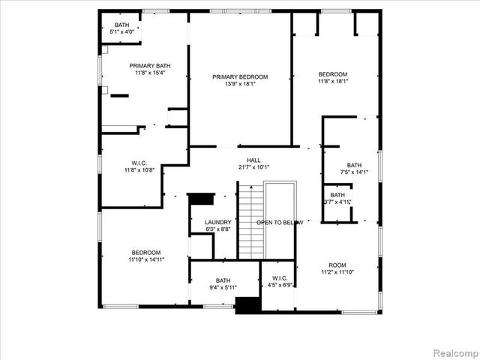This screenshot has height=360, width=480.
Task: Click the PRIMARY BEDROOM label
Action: tap(239, 76)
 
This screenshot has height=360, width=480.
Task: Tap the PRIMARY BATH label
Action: tap(144, 66)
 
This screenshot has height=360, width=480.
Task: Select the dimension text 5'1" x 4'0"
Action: tap(122, 31)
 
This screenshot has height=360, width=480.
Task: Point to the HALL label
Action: tap(253, 160)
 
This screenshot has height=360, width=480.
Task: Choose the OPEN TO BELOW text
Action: tap(280, 223)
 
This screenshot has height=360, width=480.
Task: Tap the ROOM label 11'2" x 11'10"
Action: tap(337, 265)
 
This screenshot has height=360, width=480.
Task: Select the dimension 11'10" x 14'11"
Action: tap(146, 259)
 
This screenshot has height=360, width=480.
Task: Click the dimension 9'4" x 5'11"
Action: tap(223, 287)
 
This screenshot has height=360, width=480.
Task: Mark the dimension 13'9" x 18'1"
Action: tap(239, 84)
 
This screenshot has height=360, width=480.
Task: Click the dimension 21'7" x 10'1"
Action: tap(253, 167)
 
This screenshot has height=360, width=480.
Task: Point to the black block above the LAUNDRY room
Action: tap(200, 199)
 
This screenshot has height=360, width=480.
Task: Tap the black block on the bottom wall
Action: tap(247, 305)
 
